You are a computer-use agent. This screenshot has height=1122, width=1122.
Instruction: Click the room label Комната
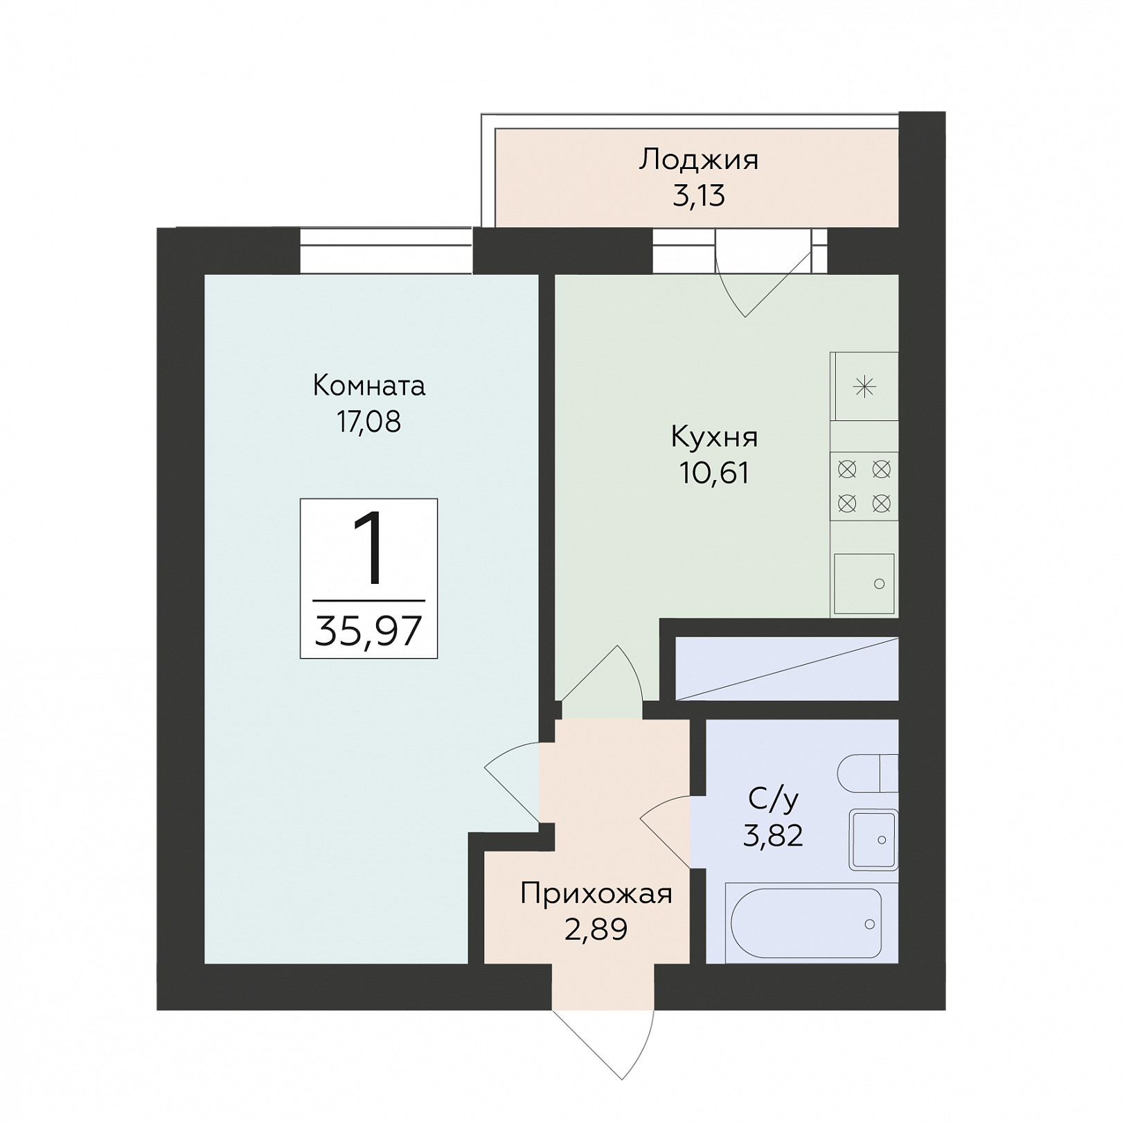369,386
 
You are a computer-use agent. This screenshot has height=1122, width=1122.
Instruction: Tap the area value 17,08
369,422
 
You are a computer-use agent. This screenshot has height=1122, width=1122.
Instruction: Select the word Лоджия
699,161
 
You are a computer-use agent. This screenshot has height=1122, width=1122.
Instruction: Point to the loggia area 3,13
699,196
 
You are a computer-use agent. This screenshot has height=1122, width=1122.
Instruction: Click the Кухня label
715,437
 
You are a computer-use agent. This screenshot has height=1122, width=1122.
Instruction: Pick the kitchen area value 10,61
715,473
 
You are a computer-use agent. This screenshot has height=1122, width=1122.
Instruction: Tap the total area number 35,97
368,631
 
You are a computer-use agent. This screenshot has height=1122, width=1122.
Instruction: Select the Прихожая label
596,894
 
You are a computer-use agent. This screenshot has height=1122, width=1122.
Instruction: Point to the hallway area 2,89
596,929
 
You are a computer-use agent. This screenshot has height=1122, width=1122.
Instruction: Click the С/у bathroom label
774,799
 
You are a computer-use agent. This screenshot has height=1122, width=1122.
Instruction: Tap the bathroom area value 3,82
774,836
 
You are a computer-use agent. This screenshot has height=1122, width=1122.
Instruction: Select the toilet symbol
868,773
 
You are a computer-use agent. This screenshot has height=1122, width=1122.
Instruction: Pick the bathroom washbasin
874,840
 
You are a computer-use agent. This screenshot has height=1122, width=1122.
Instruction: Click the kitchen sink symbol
864,583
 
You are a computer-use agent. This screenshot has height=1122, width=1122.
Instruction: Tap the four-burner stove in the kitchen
864,487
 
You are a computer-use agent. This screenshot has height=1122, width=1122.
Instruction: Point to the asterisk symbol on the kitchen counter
865,386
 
